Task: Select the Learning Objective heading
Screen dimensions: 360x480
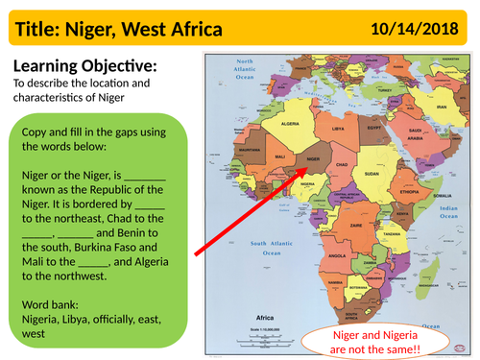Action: click(x=81, y=66)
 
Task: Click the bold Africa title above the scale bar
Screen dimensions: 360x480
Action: click(x=265, y=318)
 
